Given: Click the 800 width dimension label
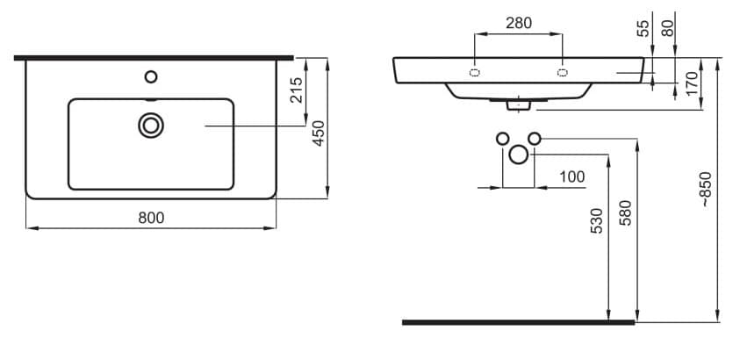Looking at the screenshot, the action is tap(151, 218).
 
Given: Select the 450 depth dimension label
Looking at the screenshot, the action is tap(320, 133).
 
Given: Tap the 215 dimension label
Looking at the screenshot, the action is tap(296, 90).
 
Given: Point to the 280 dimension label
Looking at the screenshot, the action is tap(519, 23).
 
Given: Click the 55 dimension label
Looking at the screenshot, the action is tap(643, 29).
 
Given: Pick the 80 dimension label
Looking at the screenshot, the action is tap(667, 29).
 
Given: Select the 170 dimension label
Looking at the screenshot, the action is tap(692, 83).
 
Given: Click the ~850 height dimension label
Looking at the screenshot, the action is tap(705, 189).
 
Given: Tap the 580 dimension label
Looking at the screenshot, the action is tap(625, 212).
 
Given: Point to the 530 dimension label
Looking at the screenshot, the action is tap(597, 220).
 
